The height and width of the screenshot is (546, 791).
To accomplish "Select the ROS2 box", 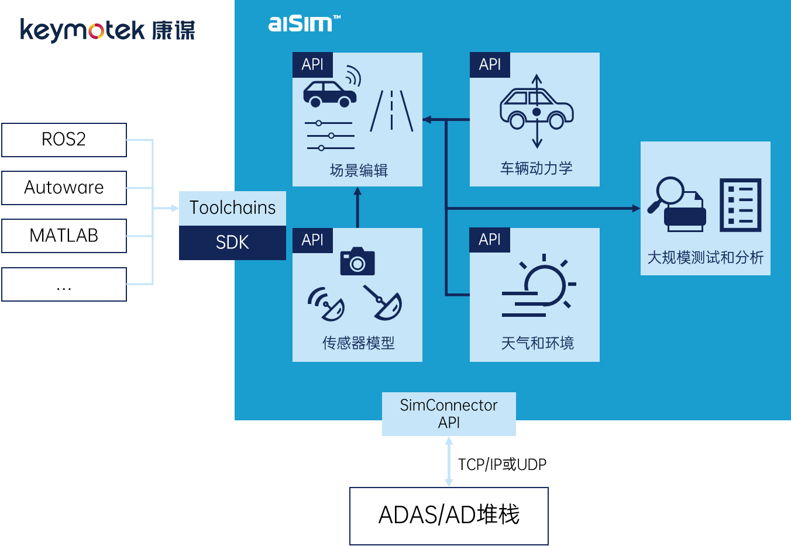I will click(x=64, y=140).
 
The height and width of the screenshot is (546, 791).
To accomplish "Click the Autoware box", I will click(x=64, y=188).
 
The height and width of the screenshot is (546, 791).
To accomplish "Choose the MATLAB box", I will click(x=64, y=236).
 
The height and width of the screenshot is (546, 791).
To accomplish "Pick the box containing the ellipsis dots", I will click(x=64, y=284).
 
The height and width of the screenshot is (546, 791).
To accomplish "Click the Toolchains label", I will click(x=232, y=208).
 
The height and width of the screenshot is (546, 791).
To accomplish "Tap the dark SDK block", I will click(x=232, y=242).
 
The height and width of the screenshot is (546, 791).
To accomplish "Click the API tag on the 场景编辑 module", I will click(x=312, y=65).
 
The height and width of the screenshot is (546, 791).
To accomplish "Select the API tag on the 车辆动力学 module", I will click(x=490, y=65).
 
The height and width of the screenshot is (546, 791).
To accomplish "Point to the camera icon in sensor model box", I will click(x=357, y=261).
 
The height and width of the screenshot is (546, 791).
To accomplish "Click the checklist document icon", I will click(x=740, y=205).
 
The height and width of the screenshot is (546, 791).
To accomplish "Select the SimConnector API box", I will click(x=449, y=414).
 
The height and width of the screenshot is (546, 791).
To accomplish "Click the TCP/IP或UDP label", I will click(x=502, y=464).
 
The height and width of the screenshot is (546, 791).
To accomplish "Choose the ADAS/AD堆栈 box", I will click(x=449, y=516).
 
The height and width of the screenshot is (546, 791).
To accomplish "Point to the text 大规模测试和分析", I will click(x=705, y=257).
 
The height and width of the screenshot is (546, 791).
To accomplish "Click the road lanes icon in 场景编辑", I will click(x=391, y=110).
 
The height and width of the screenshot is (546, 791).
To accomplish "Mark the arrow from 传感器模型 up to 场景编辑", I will click(x=357, y=208).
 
